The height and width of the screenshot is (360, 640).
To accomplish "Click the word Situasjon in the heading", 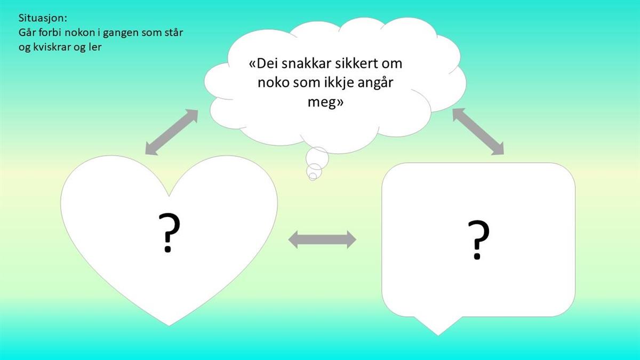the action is click(x=42, y=18).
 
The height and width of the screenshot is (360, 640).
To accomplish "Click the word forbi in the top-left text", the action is click(x=50, y=33).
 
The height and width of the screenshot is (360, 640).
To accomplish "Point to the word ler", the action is click(x=95, y=46).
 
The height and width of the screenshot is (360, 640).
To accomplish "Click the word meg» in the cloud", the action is click(x=325, y=102).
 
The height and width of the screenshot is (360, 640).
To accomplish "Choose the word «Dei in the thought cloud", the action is click(x=263, y=63).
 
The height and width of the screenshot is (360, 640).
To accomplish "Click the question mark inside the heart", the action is click(x=169, y=233).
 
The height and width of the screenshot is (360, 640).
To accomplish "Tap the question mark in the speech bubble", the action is click(x=478, y=239).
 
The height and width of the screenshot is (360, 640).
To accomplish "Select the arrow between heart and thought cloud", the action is click(x=172, y=132).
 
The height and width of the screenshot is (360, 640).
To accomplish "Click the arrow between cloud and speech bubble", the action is click(x=478, y=132).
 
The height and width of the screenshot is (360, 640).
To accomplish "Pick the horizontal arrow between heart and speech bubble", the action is click(x=322, y=239).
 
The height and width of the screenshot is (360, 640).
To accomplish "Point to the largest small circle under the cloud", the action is click(x=317, y=158).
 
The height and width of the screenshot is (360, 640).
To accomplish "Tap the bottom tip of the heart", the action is click(x=169, y=326).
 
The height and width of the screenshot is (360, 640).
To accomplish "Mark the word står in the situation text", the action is click(x=173, y=33).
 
